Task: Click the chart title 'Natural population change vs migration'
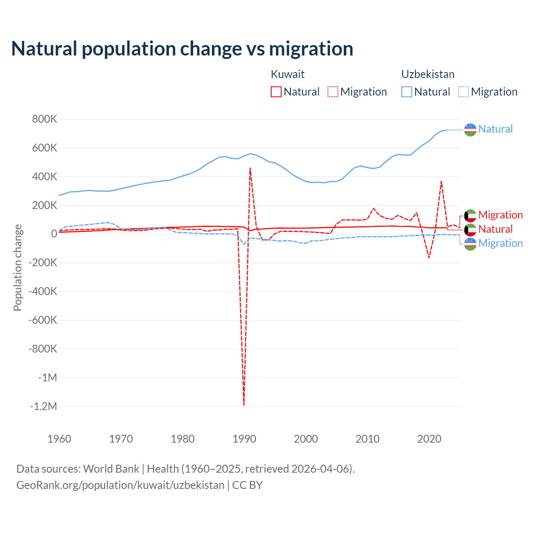(x=182, y=49)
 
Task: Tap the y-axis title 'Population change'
(x=18, y=267)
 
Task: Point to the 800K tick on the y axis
(x=45, y=119)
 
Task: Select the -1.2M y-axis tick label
(x=43, y=406)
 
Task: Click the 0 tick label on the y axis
(x=54, y=234)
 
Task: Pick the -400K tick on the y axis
(x=43, y=291)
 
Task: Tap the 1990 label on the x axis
(x=244, y=439)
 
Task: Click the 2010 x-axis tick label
(x=368, y=439)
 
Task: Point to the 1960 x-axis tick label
(x=59, y=439)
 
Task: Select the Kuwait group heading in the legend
(x=287, y=74)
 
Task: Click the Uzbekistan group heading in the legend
(x=428, y=74)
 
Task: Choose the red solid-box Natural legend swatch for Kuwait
(x=276, y=92)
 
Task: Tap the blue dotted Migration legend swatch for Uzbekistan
(x=463, y=92)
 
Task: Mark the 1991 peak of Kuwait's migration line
(x=250, y=168)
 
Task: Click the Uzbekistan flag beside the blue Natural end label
(x=470, y=130)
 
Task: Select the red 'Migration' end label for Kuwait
(x=500, y=215)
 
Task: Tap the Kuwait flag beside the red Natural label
(x=470, y=229)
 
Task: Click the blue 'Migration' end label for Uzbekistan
(x=500, y=243)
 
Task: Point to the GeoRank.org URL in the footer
(x=120, y=485)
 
